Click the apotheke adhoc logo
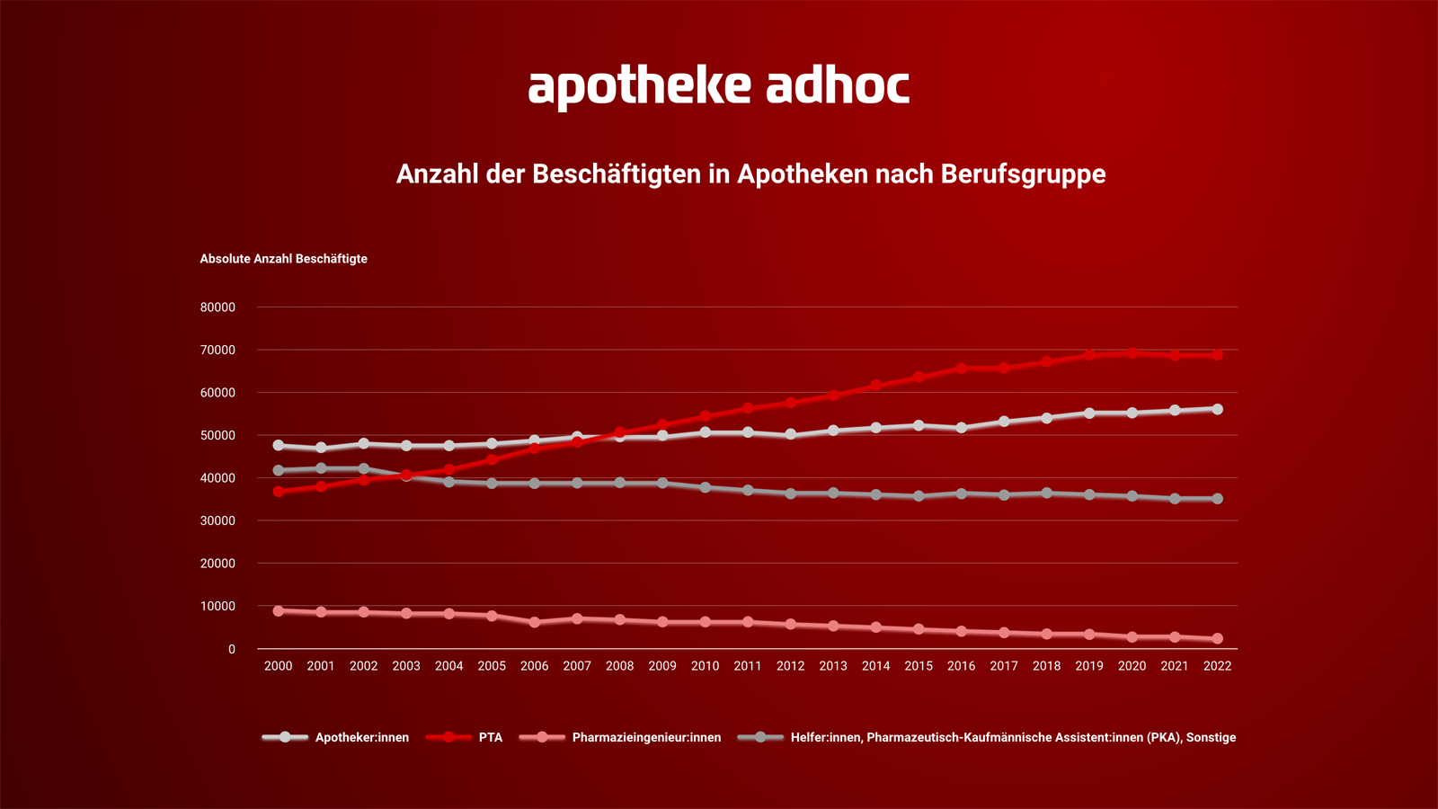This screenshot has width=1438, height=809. point(718,86)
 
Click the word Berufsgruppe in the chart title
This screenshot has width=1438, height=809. point(1023,173)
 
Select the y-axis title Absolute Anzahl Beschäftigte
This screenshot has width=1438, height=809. point(283,259)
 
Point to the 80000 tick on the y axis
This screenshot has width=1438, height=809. point(217,307)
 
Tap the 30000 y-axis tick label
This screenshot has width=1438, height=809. point(217,521)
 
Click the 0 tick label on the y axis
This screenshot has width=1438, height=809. point(232,649)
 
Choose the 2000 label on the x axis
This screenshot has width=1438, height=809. point(278,666)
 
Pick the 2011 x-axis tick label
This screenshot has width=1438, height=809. point(748,666)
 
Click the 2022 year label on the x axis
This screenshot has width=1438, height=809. point(1217,666)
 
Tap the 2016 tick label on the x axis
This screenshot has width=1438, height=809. point(961,666)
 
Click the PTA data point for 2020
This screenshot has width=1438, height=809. point(1132,353)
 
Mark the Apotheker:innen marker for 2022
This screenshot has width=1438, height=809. point(1218,409)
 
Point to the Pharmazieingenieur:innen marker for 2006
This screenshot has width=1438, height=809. point(535,622)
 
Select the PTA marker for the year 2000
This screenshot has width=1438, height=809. point(279,492)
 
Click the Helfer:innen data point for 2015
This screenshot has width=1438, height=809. point(919,496)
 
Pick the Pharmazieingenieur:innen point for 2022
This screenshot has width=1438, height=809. point(1218,639)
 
